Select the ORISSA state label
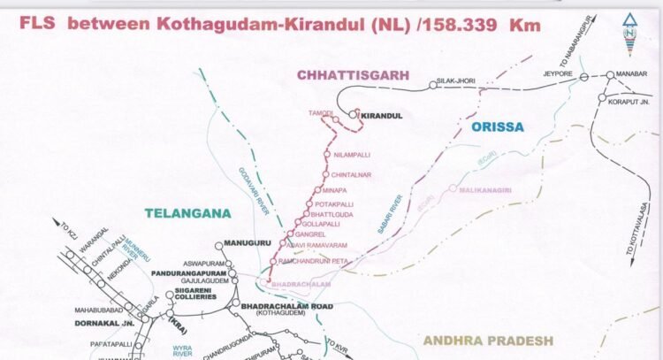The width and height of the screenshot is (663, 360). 498,126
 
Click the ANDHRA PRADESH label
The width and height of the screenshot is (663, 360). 488,340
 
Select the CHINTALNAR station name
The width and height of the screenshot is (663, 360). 351,175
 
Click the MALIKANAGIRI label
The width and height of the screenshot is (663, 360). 490,188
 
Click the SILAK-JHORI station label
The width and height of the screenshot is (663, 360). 458,81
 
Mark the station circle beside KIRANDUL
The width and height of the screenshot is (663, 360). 352,114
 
